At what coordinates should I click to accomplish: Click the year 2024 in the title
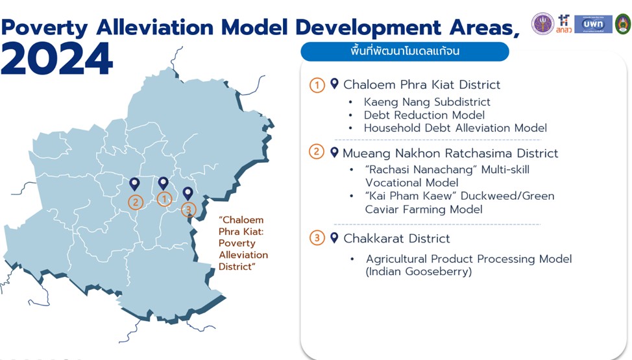[57, 59]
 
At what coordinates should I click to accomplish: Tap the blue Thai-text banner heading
[405, 52]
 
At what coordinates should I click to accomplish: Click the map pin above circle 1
[164, 184]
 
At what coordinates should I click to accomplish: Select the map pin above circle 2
[134, 184]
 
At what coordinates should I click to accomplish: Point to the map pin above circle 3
[188, 193]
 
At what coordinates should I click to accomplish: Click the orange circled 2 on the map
[136, 202]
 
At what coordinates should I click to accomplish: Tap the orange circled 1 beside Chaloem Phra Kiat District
[317, 85]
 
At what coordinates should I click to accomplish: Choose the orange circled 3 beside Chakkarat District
[317, 238]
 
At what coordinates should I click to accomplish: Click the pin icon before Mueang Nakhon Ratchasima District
[334, 152]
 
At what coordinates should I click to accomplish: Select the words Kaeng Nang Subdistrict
[427, 102]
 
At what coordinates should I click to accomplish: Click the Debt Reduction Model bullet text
[424, 115]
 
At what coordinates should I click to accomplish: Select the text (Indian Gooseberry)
[419, 271]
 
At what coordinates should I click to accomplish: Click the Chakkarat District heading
[396, 239]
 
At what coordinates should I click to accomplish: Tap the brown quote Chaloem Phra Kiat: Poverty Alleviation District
[243, 243]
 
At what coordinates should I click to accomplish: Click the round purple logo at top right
[542, 23]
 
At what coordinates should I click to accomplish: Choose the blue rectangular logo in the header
[593, 24]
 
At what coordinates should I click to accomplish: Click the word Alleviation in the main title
[155, 27]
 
